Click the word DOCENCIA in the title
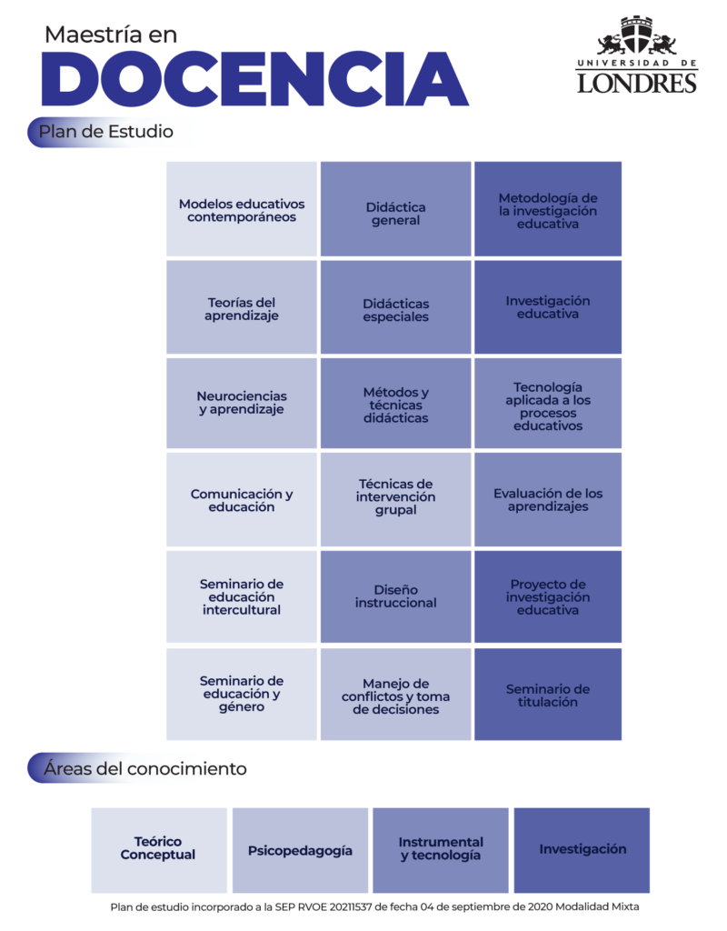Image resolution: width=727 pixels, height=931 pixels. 255,79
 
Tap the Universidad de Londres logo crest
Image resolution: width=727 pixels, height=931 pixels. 637,36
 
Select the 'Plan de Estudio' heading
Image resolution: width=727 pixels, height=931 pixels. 106,131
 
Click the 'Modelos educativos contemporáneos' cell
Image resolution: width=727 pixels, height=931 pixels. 242,209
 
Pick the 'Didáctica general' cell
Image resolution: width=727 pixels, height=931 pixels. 396,209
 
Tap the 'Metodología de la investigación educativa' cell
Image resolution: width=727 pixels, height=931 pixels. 548,209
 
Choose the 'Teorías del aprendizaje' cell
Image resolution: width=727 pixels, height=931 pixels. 242,307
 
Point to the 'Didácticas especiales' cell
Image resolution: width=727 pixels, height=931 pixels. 396,307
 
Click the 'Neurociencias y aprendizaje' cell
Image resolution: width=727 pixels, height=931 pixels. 242,403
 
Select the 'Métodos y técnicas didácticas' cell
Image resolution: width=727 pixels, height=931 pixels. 396,403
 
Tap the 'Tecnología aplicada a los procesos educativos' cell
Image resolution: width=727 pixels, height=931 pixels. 548,403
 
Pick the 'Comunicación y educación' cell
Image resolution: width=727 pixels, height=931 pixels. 242,500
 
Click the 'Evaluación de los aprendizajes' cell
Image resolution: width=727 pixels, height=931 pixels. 548,500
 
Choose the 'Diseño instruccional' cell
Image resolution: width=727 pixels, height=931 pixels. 396,596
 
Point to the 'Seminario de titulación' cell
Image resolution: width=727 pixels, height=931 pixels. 548,695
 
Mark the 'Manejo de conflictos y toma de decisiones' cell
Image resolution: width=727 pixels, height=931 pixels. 396,695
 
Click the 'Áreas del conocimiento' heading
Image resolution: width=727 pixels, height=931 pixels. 144,768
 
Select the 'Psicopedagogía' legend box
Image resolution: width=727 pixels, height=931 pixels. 300,850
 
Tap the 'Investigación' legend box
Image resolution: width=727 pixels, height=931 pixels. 582,850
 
